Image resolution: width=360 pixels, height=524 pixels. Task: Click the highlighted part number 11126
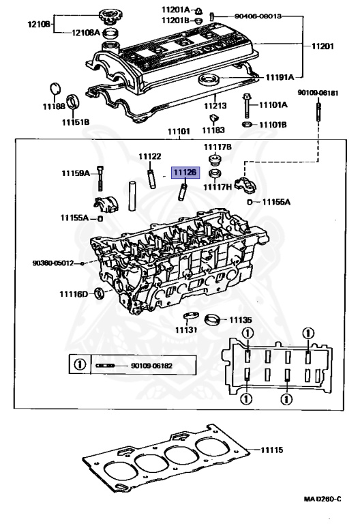(185, 173)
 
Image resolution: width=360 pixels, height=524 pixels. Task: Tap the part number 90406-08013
(258, 15)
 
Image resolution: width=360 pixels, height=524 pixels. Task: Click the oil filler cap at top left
(108, 14)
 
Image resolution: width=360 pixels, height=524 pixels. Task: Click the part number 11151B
(76, 122)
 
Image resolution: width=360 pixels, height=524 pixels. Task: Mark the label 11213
(215, 106)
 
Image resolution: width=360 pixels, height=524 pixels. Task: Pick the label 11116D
(76, 294)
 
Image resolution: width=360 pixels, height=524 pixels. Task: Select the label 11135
(240, 319)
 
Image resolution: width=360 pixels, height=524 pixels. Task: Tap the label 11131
(185, 330)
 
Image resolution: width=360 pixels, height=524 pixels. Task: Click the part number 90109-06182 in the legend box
(151, 366)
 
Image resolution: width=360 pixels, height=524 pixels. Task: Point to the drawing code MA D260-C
(322, 499)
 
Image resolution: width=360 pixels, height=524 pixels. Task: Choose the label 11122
(150, 157)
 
